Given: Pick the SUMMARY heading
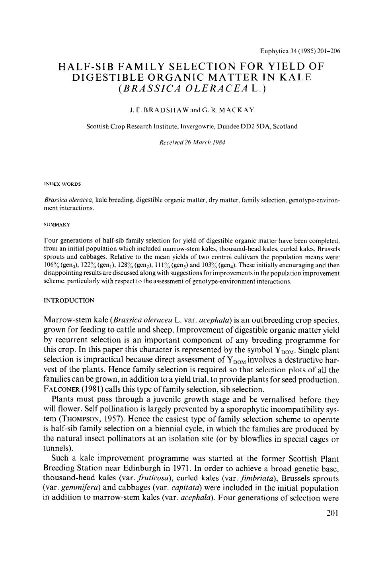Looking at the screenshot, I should (x=57, y=225).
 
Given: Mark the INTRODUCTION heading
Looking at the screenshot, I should (x=69, y=300).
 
